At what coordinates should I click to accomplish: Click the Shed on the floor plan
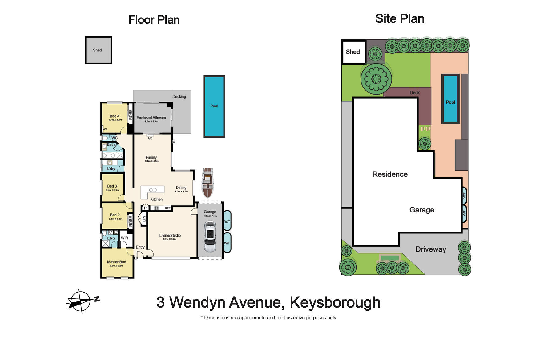point(98,50)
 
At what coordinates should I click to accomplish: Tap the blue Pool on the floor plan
point(214,106)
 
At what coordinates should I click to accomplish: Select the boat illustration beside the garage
point(208,183)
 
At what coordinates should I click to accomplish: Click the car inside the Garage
point(210,237)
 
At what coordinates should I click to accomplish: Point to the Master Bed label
point(116,262)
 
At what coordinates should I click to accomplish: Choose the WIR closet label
point(124,238)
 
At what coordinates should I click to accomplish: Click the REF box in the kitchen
point(167,208)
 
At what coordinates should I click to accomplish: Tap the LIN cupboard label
point(144,219)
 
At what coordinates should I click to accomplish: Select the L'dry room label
point(111,168)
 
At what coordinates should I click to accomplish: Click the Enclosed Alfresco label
point(151,118)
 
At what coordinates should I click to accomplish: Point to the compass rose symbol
point(80,301)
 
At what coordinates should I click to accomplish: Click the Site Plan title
point(400,19)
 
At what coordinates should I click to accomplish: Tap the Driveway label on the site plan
point(430,249)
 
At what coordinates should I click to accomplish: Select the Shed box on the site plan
point(353,52)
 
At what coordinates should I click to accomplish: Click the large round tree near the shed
point(376,79)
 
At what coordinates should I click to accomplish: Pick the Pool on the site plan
point(450,99)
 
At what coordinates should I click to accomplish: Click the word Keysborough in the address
point(335,302)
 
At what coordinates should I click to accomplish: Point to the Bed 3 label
point(112,186)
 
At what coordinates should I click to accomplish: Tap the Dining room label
point(181,188)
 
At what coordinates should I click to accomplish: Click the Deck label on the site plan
point(414,93)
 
